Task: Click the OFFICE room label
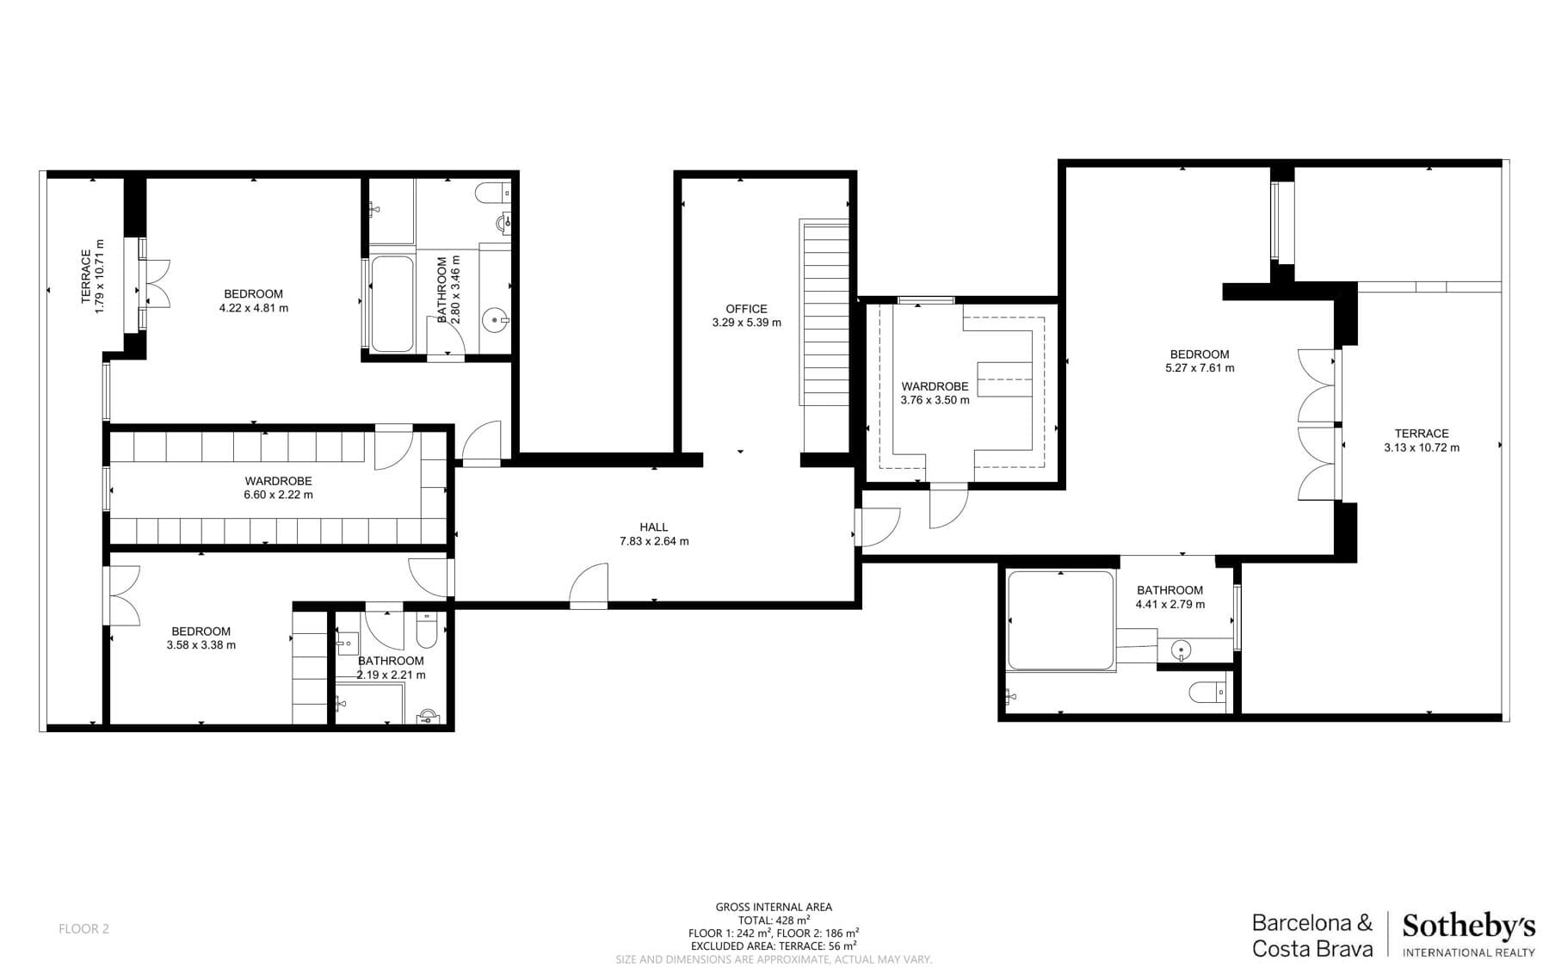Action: pos(746,309)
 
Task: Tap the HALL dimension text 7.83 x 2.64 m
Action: pos(654,542)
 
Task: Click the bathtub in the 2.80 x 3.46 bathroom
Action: pos(392,304)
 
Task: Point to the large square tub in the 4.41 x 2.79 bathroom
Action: pos(1060,619)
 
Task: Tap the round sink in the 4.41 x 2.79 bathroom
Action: pos(1182,650)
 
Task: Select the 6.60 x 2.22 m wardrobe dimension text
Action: pos(278,496)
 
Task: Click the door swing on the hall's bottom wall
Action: pos(589,587)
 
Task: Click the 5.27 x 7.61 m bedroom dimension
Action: pos(1200,368)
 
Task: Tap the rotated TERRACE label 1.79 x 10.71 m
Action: pos(92,276)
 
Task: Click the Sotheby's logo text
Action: pos(1468,927)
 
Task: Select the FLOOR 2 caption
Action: pos(83,929)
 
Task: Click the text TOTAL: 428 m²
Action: pos(774,920)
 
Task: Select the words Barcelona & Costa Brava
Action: pos(1312,936)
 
